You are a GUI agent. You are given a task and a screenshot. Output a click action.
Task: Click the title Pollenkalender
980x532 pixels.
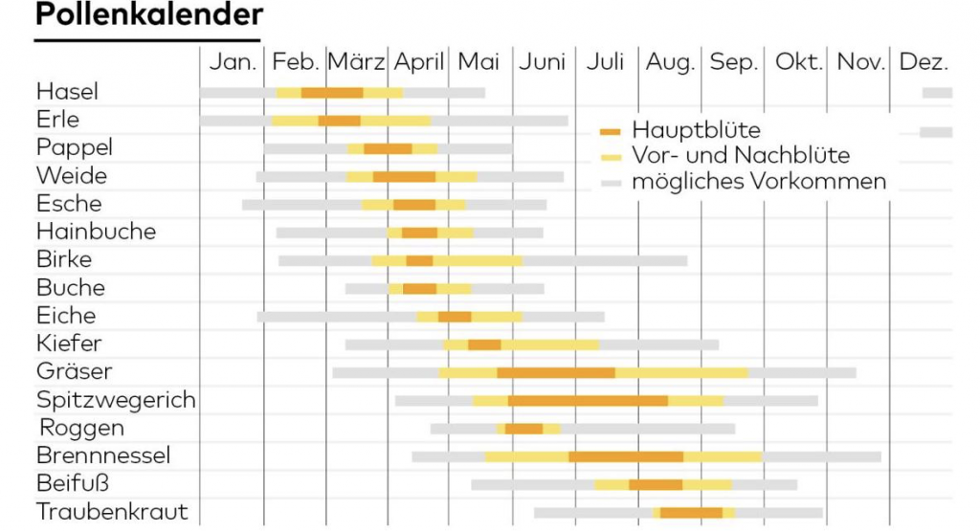(148, 16)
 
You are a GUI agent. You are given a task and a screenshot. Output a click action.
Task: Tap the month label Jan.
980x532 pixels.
(234, 62)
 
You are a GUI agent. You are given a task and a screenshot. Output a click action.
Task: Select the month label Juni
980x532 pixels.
(543, 62)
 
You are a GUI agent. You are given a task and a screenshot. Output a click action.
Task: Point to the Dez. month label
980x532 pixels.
(924, 62)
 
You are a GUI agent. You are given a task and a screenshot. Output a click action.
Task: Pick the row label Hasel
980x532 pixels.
(67, 92)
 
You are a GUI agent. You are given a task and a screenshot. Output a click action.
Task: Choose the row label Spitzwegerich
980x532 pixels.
(116, 400)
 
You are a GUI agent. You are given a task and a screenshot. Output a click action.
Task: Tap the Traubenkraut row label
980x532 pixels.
(112, 512)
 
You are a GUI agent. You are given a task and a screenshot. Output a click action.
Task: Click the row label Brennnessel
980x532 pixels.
(103, 455)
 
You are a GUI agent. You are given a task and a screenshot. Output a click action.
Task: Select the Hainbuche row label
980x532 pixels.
(96, 232)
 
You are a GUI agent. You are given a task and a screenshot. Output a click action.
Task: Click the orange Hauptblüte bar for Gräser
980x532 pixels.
(556, 372)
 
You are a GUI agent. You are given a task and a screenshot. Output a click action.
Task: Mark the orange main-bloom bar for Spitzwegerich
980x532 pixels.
(588, 400)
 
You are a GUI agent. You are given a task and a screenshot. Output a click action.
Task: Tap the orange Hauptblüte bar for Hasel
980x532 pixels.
(332, 93)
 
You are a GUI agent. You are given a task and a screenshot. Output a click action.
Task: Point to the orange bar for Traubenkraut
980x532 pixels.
(691, 513)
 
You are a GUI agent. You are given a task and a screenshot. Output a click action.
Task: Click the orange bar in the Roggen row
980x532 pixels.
(523, 429)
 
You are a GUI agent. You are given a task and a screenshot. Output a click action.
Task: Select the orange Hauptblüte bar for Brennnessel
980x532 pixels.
(626, 456)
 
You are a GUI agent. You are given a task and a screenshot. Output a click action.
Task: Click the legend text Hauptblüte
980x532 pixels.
(696, 130)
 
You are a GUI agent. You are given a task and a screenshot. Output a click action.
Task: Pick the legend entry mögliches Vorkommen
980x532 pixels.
(759, 181)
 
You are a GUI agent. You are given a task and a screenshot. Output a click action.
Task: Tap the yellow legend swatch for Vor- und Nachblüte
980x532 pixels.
(612, 156)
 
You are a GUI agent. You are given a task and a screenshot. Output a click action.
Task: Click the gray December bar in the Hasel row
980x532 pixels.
(937, 93)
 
